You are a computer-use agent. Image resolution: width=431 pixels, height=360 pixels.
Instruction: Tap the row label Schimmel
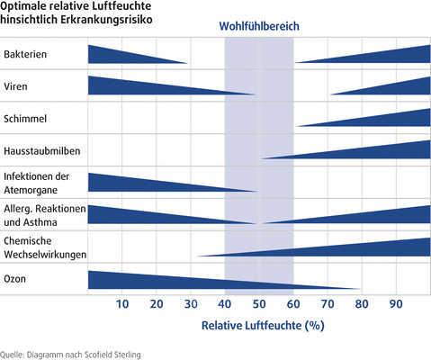tap(25, 119)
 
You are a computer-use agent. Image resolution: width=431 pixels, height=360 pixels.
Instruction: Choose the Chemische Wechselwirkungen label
tap(45, 247)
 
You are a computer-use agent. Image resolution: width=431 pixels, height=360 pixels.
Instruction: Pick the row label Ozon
tap(15, 280)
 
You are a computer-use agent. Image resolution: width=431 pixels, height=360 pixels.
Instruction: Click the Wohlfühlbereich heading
tap(258, 27)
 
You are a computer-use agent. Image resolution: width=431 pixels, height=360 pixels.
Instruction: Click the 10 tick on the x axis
tap(122, 303)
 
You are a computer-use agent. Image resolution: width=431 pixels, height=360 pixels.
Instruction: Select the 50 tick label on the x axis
tap(258, 303)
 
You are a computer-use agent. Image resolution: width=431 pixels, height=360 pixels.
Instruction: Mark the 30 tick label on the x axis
tap(191, 303)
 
